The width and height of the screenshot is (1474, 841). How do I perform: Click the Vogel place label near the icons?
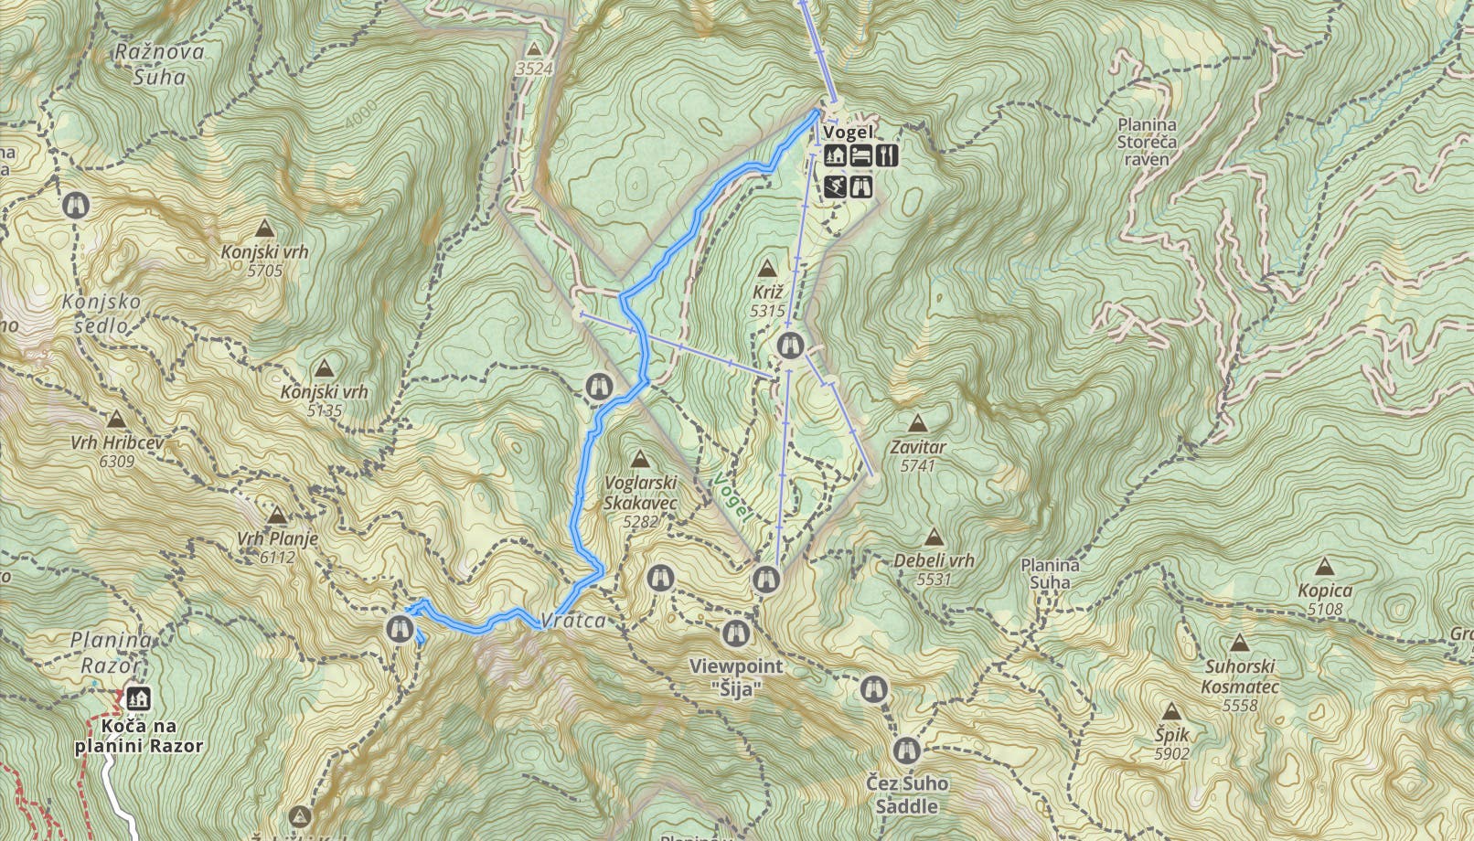(848, 133)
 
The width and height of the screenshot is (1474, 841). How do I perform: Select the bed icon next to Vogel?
(860, 155)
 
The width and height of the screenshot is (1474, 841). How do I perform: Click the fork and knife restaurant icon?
(887, 155)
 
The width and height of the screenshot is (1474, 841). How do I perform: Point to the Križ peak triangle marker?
(767, 269)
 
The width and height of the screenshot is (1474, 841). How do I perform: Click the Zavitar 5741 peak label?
(918, 455)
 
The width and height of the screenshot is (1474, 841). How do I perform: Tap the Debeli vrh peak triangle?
(934, 538)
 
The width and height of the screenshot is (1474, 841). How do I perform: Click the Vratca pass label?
(572, 621)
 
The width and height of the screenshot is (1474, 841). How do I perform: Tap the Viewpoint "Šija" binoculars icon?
(735, 633)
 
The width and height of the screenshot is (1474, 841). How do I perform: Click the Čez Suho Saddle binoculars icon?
(906, 751)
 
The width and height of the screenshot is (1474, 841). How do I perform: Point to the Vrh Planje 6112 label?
(277, 547)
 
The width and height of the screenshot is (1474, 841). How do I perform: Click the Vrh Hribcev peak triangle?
(116, 420)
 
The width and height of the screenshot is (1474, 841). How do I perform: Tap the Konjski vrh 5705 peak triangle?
(265, 229)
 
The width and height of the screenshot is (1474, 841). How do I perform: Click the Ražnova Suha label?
(159, 64)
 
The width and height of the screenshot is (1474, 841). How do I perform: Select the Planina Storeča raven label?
(1147, 142)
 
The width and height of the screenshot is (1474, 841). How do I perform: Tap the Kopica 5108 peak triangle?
(1323, 568)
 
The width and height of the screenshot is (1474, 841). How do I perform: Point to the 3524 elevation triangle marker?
(534, 48)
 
